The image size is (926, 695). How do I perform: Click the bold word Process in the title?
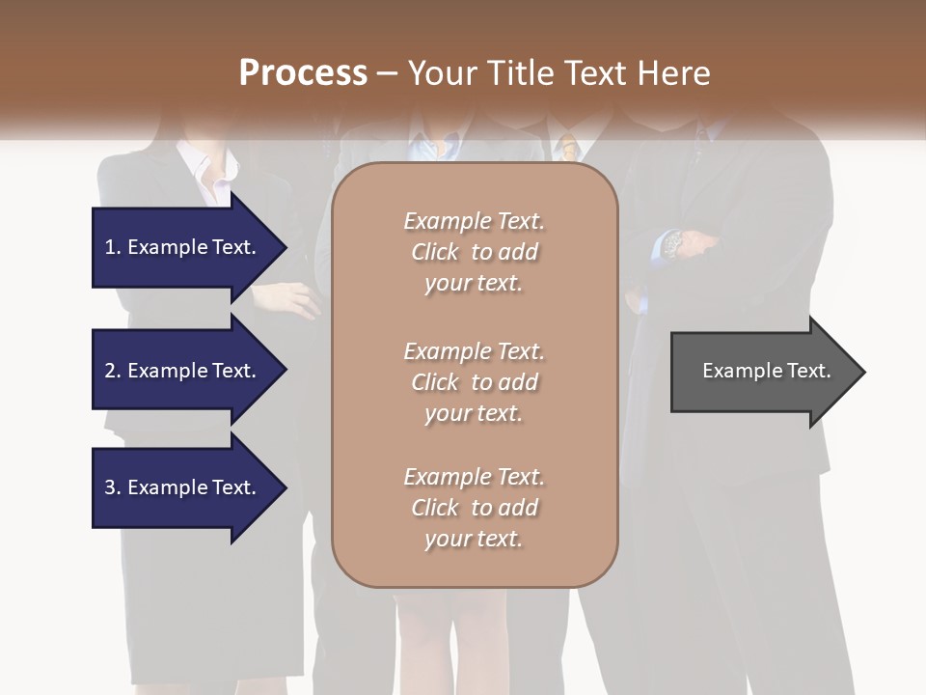(x=303, y=73)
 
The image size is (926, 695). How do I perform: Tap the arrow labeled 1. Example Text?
(x=183, y=247)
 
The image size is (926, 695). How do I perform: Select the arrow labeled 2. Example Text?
(x=183, y=371)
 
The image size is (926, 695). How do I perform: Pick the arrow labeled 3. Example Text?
(x=183, y=487)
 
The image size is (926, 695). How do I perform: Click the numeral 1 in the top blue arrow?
(x=110, y=247)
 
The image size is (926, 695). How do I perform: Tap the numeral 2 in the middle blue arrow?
(x=110, y=371)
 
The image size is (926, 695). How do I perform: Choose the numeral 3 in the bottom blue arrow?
(x=110, y=487)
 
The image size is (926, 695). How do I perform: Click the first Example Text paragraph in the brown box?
(x=474, y=252)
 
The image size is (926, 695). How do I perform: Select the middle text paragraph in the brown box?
(x=474, y=382)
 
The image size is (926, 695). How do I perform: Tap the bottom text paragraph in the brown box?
(x=474, y=508)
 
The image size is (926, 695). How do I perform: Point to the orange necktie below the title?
(x=570, y=147)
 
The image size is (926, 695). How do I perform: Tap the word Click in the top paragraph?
(x=435, y=252)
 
